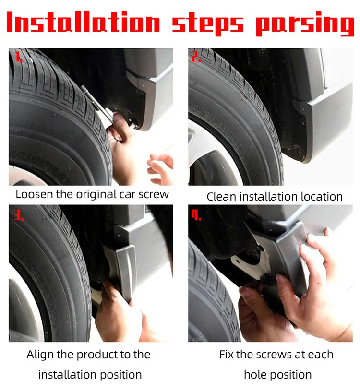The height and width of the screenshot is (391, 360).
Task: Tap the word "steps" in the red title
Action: coord(207,24)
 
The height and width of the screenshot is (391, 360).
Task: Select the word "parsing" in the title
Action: coord(305,24)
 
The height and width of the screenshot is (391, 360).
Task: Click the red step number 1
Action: coord(18,57)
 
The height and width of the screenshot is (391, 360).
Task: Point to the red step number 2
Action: coord(196,57)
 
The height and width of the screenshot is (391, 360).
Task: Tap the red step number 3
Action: coord(19,215)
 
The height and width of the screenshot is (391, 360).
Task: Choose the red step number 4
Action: coord(196,215)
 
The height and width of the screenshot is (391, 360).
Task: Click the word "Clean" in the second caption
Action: coord(221,197)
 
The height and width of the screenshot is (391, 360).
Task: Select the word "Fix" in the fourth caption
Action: coord(226,355)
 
